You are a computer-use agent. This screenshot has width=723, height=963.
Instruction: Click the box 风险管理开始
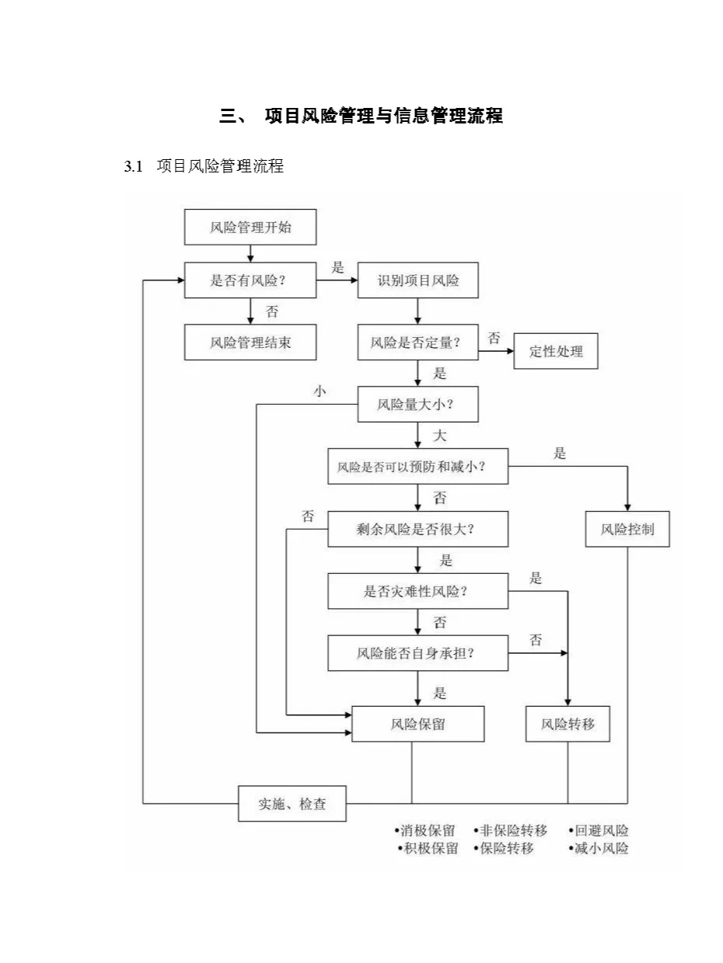pos(250,228)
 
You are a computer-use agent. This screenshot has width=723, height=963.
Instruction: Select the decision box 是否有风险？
pos(250,280)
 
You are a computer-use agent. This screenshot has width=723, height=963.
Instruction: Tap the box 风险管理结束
pos(250,342)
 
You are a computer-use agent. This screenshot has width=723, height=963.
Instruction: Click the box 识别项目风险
pos(417,280)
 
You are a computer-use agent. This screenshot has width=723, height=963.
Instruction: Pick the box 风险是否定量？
pos(417,342)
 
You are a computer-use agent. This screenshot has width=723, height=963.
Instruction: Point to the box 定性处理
pos(556,351)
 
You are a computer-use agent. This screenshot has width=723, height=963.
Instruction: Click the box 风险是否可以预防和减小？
pos(417,467)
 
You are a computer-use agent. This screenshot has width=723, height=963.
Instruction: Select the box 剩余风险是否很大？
pos(417,529)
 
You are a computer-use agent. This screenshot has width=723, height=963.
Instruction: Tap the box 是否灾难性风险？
pos(417,591)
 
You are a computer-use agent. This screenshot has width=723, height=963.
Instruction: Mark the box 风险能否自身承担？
pos(417,653)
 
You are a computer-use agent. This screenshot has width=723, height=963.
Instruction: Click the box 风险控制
pos(627,529)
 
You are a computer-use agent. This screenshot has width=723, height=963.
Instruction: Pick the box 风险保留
pos(418,724)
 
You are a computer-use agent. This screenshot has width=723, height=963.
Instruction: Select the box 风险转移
pos(568,724)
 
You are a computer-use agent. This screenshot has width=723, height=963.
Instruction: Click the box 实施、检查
pos(292,804)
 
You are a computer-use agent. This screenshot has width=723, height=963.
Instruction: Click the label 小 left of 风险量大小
pos(319,391)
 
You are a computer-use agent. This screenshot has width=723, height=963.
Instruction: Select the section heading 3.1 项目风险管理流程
pos(204,165)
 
